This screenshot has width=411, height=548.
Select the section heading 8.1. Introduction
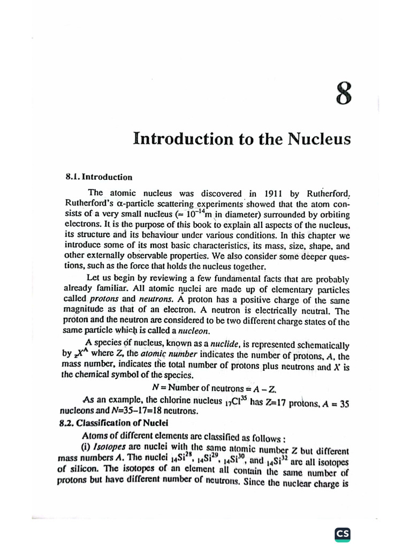click(99, 177)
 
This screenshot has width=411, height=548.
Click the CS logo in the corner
click(342, 534)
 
